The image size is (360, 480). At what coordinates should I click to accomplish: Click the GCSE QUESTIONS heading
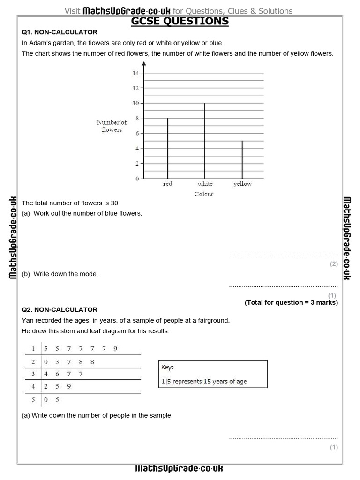pos(180,21)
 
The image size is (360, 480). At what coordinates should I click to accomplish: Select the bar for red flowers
pos(167,148)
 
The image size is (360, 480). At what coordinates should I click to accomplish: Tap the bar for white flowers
pos(205,141)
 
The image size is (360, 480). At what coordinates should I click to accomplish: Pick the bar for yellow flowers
pos(242,159)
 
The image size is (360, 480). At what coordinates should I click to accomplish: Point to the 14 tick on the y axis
pos(135,73)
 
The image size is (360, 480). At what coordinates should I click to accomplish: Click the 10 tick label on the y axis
pos(135,103)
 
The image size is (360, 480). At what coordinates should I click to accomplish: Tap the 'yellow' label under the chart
pos(242,184)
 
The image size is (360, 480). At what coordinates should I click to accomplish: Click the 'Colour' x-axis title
pos(204,194)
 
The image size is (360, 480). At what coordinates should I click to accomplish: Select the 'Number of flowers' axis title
pos(112,126)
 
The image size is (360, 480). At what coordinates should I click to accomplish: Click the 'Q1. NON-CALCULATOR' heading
pos(60,32)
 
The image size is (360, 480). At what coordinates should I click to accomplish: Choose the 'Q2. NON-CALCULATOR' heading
pos(60,310)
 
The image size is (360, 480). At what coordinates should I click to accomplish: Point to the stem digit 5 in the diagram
pos(33,400)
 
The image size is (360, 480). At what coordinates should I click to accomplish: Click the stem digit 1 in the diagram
pos(33,348)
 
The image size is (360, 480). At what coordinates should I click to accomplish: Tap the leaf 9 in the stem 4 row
pos(69,387)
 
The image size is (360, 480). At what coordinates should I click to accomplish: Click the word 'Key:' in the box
pos(167,368)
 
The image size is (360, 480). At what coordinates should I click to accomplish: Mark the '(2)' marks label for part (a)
pos(333,264)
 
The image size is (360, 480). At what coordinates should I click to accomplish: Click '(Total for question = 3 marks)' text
pos(291,302)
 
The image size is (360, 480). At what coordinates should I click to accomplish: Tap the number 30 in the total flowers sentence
pos(114,203)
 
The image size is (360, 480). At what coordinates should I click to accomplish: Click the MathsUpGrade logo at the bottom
pos(179,468)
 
